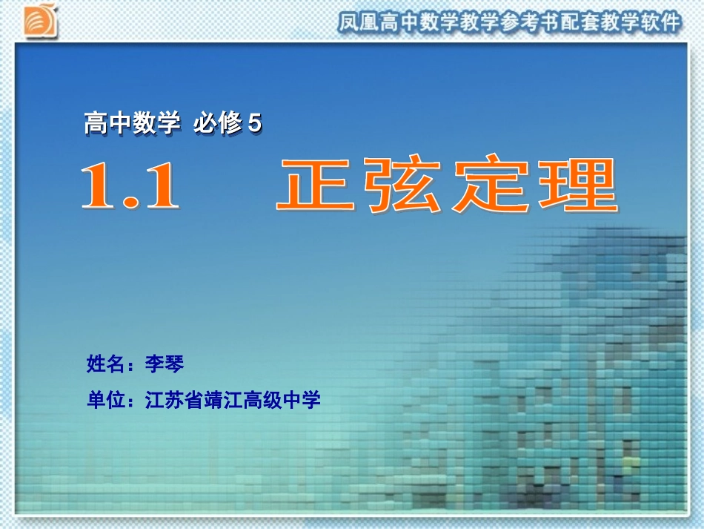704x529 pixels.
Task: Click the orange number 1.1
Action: point(130,186)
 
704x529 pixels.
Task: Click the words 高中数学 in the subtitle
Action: point(132,124)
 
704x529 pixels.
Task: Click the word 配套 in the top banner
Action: point(583,22)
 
